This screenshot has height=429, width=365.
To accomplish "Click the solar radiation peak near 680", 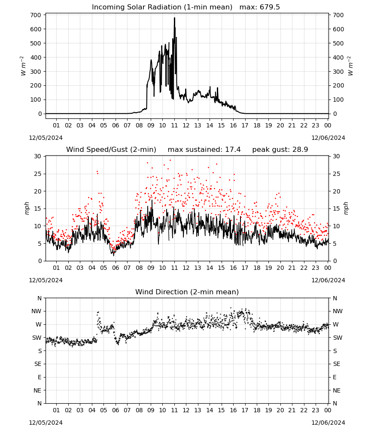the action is [174, 18].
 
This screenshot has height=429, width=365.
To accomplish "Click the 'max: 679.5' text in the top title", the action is [260, 7].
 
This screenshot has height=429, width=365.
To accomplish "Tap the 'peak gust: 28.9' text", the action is [280, 149].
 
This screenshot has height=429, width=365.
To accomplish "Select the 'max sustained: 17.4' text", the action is [204, 149].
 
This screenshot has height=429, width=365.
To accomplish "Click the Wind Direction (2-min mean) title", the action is [187, 292].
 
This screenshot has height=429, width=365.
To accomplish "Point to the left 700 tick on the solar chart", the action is [36, 15].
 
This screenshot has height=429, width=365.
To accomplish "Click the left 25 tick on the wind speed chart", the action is [38, 174].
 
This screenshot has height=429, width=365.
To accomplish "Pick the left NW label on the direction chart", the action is [36, 311].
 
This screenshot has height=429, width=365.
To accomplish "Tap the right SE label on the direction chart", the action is [337, 364].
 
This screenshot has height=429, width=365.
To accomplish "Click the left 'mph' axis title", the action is [27, 208].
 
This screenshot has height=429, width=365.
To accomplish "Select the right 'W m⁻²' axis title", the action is [350, 66].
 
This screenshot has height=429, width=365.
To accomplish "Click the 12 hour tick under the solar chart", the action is [186, 125].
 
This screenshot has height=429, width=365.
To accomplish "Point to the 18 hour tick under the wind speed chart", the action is [256, 268].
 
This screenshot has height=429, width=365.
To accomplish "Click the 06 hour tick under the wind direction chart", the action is [115, 410].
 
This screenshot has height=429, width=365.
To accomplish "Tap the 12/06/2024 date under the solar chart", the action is [328, 138].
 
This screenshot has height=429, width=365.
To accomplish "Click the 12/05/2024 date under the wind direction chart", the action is [46, 423].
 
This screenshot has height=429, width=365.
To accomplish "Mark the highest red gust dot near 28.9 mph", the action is [170, 160].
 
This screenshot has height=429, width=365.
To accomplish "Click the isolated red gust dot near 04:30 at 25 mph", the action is [97, 172].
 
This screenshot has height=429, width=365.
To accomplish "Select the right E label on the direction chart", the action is [335, 377].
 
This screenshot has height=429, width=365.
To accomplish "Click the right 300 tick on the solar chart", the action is [338, 71].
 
